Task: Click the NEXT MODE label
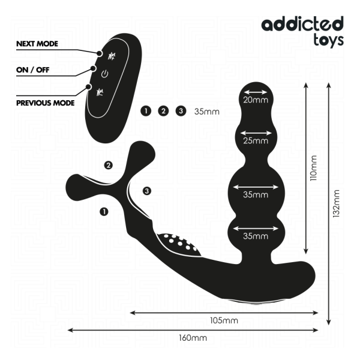point(37,44)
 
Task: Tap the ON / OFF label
point(33,70)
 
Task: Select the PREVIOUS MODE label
point(46,103)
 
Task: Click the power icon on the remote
point(104,74)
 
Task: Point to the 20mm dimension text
point(256,100)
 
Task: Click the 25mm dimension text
point(256,140)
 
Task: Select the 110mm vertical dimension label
point(313,168)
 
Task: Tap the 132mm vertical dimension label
point(336,203)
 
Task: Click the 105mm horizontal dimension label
point(224,320)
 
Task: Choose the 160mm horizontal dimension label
point(193,338)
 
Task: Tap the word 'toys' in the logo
point(329,40)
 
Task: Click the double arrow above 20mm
point(256,92)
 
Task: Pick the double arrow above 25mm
point(256,133)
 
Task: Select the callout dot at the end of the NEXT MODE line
point(100,53)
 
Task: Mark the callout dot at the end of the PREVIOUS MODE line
point(88,87)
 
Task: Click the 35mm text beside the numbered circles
point(207,112)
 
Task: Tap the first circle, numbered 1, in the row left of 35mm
point(146,111)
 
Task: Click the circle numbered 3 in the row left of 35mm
point(181,111)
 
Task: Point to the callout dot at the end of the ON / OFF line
point(93,68)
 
